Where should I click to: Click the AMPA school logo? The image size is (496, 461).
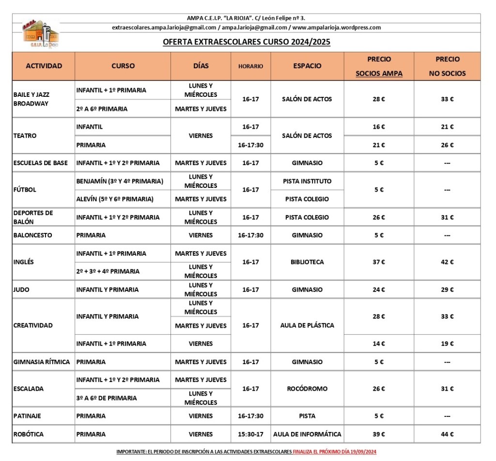pos(41,34)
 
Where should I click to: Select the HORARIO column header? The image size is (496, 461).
pos(250,66)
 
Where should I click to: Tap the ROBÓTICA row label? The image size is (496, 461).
pos(28,434)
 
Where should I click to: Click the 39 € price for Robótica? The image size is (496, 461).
pos(379,434)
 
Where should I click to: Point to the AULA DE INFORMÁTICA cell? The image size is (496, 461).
pos(307,434)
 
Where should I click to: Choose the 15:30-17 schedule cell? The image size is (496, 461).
pos(250,434)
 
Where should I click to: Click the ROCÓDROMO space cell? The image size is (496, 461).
pos(307,389)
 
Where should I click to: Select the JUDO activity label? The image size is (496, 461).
pos(22,290)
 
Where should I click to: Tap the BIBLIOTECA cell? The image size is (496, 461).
pos(307,262)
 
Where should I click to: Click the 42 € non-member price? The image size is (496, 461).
pos(447,262)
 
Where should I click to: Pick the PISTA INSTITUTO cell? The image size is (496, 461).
pos(307,182)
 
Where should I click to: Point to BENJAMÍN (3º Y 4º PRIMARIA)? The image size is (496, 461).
pos(120,182)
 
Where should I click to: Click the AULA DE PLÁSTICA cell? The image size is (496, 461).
pos(307,325)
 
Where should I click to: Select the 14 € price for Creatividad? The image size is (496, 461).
pos(379,344)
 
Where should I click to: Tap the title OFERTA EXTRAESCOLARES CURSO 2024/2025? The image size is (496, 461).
pos(247,42)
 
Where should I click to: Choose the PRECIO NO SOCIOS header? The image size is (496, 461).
pos(447,66)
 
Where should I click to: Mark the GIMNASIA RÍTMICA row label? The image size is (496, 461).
pos(42,362)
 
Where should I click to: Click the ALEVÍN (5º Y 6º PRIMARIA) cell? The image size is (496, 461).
pos(115,199)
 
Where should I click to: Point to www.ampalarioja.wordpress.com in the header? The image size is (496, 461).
pos(337,28)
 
